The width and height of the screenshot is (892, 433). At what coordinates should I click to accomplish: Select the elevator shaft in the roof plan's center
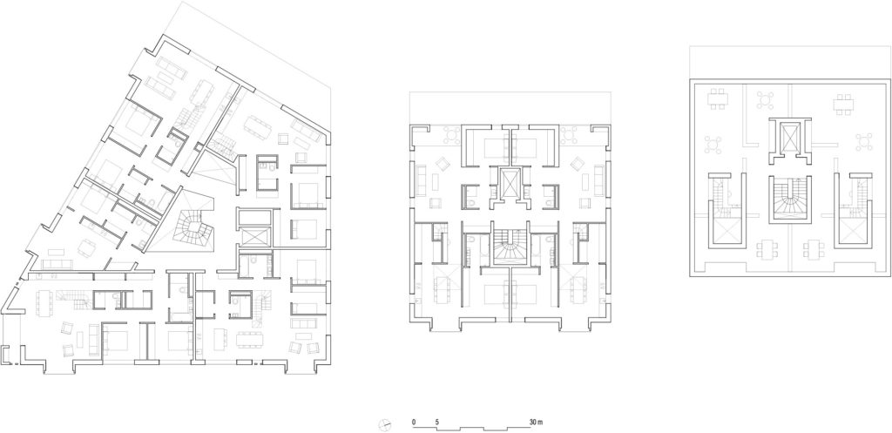[788, 139]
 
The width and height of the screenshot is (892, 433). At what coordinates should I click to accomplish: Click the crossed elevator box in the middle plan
[509, 184]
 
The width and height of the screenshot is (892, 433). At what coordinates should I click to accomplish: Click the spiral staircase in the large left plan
[192, 229]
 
